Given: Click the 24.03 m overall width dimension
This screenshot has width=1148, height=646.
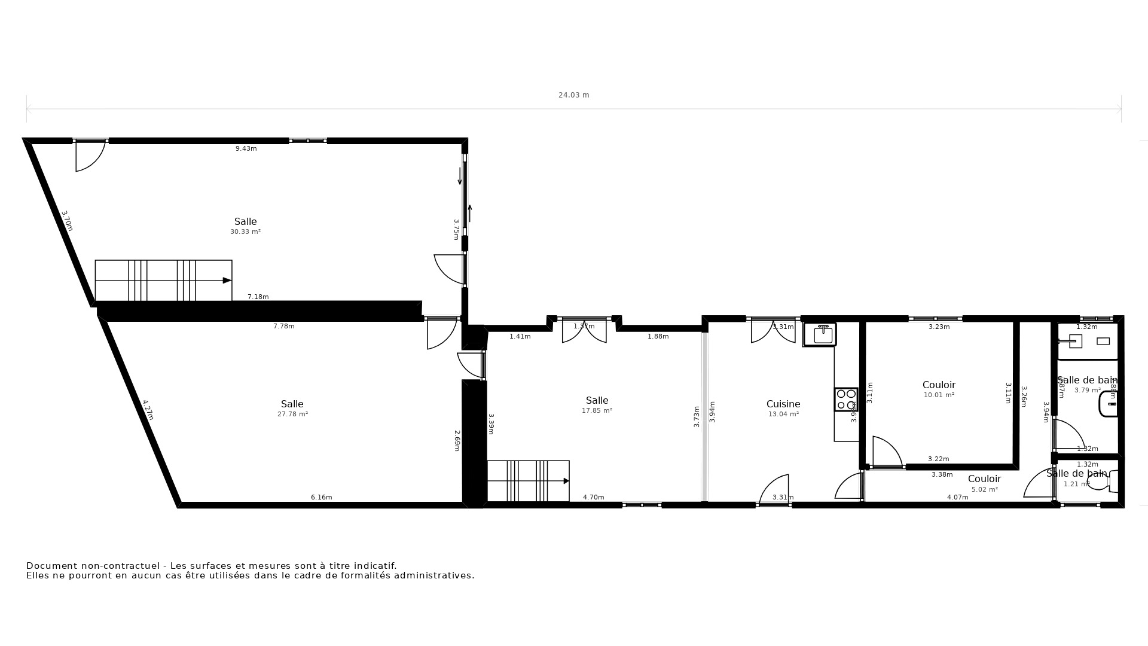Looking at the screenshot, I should click(573, 95).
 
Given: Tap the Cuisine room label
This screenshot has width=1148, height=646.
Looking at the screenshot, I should click(783, 404).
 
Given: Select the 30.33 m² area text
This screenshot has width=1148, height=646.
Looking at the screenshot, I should click(245, 232).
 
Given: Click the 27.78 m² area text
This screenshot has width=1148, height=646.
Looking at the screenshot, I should click(292, 415).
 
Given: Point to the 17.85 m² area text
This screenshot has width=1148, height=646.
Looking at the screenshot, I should click(597, 411).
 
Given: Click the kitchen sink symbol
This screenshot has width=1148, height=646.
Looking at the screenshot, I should click(823, 335).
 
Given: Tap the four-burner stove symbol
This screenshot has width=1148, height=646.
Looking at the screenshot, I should click(846, 400).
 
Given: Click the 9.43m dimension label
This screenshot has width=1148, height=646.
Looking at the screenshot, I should click(246, 149).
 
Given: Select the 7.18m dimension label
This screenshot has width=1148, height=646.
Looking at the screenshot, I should click(258, 297).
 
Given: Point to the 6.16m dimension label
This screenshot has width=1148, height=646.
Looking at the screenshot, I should click(321, 498).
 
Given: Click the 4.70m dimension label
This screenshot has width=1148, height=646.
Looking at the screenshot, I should click(593, 498).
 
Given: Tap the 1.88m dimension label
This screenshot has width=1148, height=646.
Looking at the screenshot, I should click(658, 337).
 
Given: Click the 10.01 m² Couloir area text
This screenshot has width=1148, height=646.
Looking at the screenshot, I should click(939, 395).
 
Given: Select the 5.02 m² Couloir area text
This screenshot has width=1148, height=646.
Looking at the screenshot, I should click(984, 490).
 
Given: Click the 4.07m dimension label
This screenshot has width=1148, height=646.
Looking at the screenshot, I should click(957, 498).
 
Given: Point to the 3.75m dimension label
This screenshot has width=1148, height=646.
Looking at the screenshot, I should click(456, 229).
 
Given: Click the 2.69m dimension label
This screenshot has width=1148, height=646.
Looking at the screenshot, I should click(457, 440).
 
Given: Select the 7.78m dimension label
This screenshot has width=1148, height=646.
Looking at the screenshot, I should click(283, 327).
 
